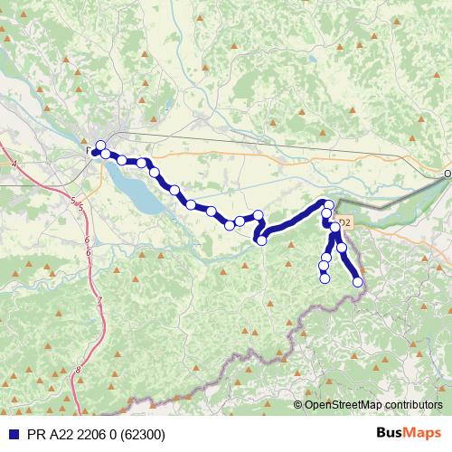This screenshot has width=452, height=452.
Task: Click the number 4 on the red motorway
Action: point(15,164)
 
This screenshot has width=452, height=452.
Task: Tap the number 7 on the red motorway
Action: point(99,300)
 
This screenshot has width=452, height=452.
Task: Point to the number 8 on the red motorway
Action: point(79,370)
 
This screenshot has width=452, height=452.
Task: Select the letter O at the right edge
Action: point(447,173)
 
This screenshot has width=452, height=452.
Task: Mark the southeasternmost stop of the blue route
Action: point(358,282)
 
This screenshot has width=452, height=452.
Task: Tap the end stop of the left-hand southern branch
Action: point(325,278)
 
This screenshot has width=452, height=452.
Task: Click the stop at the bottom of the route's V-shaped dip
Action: point(262,240)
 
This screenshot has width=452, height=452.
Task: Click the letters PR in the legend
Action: point(35,435)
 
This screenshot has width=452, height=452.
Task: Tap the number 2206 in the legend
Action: point(92,435)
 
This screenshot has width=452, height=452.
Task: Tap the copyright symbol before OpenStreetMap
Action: point(297,404)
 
